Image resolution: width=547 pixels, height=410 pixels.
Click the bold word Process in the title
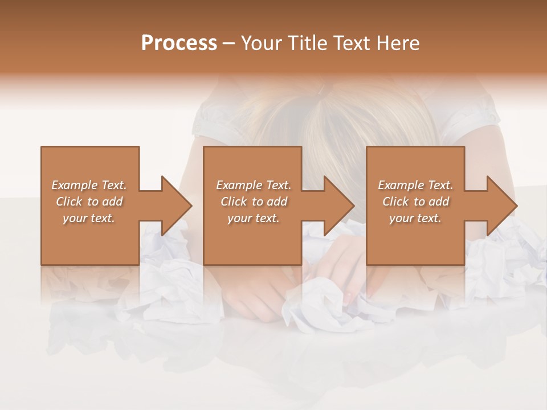(179, 43)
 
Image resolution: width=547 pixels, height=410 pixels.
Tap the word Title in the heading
(306, 43)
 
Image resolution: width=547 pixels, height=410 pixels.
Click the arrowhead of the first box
(176, 206)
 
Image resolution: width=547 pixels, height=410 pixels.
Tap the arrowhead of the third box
(501, 206)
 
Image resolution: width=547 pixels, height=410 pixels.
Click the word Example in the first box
(74, 185)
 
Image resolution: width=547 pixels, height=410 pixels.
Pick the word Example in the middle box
(239, 185)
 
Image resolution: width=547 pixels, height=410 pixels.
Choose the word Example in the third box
(401, 185)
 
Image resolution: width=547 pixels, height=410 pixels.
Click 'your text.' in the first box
(89, 218)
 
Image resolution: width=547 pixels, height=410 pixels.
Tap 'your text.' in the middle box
(253, 218)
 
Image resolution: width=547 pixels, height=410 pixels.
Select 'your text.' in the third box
(415, 218)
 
